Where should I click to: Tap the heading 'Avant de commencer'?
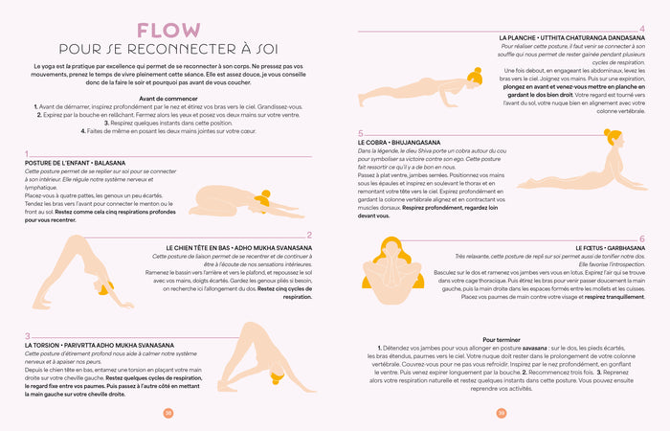point(167,98)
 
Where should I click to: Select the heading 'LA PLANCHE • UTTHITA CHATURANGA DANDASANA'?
point(571,37)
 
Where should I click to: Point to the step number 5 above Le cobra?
point(360,133)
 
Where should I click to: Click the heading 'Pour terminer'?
point(502,339)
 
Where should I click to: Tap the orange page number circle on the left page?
point(167,413)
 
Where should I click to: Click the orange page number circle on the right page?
point(502,413)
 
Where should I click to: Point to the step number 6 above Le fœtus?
point(642,238)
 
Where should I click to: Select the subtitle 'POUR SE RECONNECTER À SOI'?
point(167,48)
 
